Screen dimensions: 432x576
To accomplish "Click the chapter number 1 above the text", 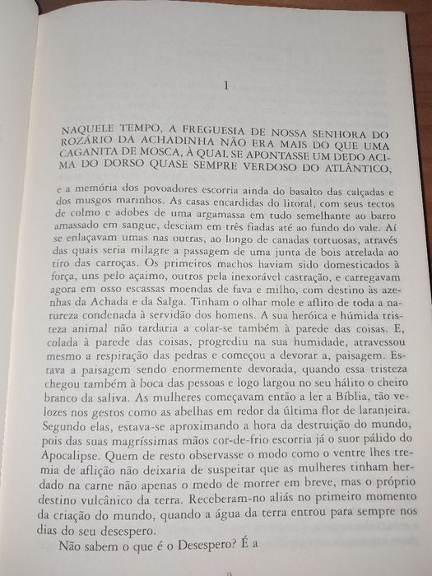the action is coord(225,86).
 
